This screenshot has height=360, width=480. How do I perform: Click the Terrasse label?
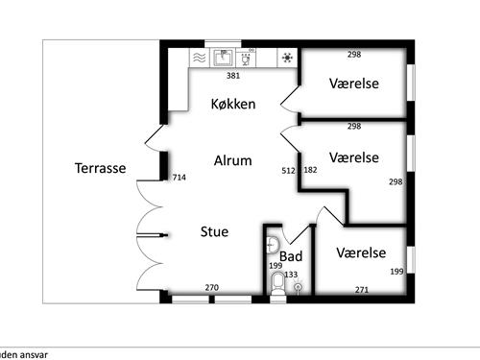100,168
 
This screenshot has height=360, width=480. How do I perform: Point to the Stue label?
214,230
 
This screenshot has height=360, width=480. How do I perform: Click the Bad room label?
291,256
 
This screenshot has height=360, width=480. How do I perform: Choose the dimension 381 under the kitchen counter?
232,75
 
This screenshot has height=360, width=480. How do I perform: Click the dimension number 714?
178,178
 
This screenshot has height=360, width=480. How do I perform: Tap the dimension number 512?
288,171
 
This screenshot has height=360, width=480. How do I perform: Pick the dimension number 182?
310,171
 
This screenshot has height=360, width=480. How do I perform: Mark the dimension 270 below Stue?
213,287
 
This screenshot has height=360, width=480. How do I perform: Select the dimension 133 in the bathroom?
291,275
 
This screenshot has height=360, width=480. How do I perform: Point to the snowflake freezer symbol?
287,58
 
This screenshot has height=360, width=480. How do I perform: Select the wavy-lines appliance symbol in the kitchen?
199,58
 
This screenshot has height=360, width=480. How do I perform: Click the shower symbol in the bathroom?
299,287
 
